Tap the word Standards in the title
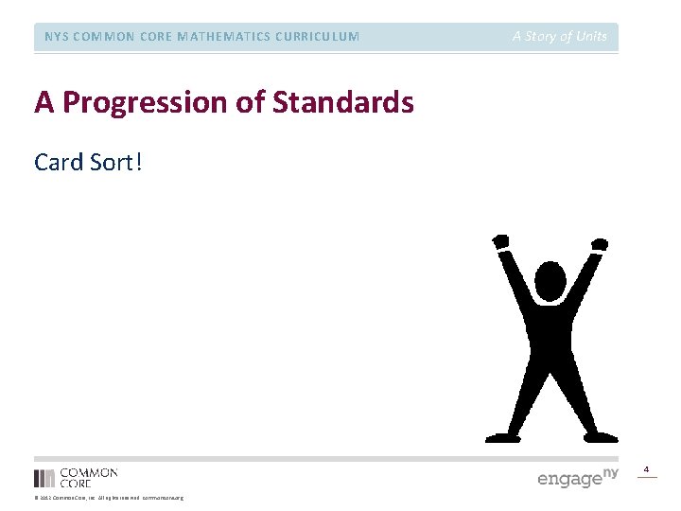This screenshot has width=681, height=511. [343, 102]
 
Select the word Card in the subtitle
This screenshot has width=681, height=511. [59, 162]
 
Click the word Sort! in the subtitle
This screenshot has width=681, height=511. [117, 162]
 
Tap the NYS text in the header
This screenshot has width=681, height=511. [58, 37]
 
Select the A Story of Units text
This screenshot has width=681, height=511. [560, 37]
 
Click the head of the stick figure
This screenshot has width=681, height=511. [550, 281]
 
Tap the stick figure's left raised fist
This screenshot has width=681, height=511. [500, 242]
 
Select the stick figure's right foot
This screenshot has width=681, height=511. [602, 437]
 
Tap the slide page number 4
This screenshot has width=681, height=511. [647, 469]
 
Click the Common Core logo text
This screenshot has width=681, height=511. [89, 477]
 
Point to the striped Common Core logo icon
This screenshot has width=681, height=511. [44, 478]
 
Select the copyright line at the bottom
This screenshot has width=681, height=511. [109, 498]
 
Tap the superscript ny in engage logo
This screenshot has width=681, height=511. [611, 471]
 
